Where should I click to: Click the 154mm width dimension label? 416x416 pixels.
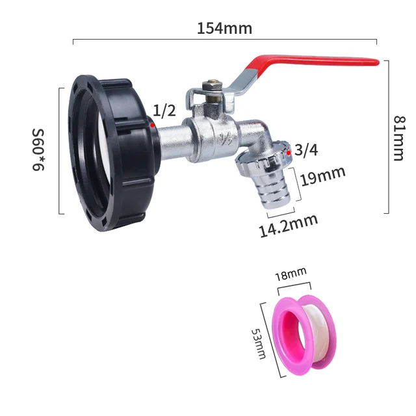224,29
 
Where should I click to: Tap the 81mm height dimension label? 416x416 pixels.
398,138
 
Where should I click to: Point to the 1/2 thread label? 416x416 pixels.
164,110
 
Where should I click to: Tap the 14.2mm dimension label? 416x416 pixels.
289,225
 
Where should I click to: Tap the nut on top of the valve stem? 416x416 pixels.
211,85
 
